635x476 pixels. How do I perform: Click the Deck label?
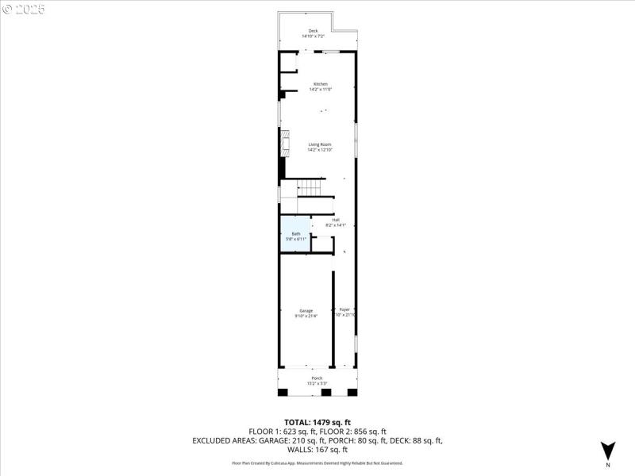pos(314,31)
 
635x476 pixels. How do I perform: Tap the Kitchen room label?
pos(320,84)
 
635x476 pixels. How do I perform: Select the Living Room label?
pos(320,144)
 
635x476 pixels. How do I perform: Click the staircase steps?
pos(311,188)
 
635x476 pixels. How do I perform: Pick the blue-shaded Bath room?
pos(294,235)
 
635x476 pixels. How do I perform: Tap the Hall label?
pos(336,220)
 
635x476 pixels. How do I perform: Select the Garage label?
pos(306,310)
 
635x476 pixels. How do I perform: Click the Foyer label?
pos(344,309)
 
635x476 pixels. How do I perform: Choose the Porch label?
pos(317,378)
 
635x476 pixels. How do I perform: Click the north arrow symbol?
pos(607,448)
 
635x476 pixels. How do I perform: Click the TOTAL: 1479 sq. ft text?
pos(317,422)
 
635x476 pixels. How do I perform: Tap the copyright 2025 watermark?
pos(24,9)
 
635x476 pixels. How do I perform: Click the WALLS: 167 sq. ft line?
pos(317,449)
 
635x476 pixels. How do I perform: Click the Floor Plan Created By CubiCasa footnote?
pos(317,463)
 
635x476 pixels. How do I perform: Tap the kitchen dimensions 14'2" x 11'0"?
pos(320,90)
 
